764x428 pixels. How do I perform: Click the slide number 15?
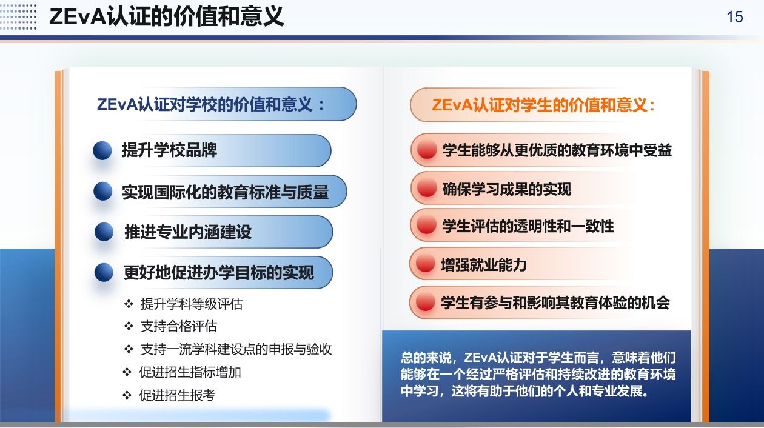(x=735, y=17)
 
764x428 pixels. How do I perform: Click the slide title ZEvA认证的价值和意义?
(x=166, y=16)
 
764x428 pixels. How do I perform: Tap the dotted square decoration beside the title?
(x=18, y=17)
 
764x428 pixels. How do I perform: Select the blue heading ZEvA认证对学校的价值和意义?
(x=210, y=104)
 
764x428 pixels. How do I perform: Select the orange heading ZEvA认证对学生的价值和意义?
(x=543, y=105)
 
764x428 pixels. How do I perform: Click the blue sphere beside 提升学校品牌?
(x=102, y=150)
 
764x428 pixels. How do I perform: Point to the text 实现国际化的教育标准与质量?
(x=225, y=192)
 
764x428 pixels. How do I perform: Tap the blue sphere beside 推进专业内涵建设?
(x=104, y=232)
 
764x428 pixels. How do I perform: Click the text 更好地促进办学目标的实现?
(x=218, y=272)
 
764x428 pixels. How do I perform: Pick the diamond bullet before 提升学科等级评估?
(x=129, y=304)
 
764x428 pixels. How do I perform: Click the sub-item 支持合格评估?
(x=179, y=326)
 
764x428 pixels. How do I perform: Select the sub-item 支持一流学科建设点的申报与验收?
(x=236, y=349)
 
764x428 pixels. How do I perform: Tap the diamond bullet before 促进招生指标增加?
(x=127, y=372)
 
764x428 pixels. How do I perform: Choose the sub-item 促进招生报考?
(x=177, y=395)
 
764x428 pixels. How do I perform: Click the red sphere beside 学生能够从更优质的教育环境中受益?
(x=427, y=149)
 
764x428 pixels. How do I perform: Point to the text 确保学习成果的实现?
(x=506, y=189)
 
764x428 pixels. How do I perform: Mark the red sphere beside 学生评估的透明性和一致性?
(x=426, y=225)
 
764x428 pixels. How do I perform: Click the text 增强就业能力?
(x=484, y=265)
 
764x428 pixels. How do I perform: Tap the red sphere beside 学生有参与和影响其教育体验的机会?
(x=425, y=302)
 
